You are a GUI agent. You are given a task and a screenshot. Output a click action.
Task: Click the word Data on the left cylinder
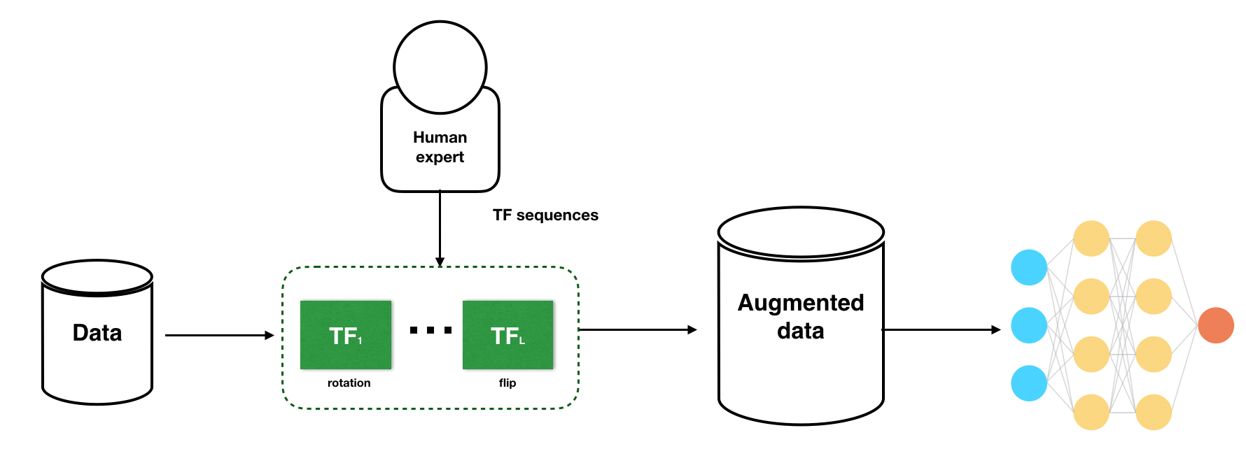pos(97,333)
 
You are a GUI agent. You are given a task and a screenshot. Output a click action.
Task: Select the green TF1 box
pos(346,335)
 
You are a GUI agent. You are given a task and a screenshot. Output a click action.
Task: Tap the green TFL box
pos(508,335)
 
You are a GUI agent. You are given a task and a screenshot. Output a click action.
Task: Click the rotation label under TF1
pos(349,383)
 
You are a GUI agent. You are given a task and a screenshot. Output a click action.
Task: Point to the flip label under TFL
pos(507,383)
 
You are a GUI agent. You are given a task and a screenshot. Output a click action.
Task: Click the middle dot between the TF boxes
pos(430,330)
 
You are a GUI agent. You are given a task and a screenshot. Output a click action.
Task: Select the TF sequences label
pos(545,215)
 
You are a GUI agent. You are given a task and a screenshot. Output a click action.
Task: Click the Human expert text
pos(440,147)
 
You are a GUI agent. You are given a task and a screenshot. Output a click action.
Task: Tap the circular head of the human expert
pos(440,67)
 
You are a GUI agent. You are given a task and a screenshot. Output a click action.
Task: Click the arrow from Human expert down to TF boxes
pos(440,229)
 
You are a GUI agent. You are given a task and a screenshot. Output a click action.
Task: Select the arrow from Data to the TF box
pos(220,336)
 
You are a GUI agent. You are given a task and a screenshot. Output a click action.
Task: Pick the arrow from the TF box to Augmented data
pos(638,329)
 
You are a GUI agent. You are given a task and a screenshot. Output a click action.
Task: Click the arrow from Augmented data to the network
pos(941,329)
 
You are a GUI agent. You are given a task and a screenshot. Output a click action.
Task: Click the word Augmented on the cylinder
pos(801,303)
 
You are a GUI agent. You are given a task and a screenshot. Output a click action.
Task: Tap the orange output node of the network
pos(1216,325)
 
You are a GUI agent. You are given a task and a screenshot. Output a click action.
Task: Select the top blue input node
pos(1029,267)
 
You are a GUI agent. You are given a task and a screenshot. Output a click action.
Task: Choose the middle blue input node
pos(1029,325)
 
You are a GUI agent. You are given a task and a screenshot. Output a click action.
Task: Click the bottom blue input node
pos(1029,383)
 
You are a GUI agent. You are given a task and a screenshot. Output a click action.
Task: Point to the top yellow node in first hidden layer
pos(1091,238)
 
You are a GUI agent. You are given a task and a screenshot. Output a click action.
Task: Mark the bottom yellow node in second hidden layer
pos(1154,412)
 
